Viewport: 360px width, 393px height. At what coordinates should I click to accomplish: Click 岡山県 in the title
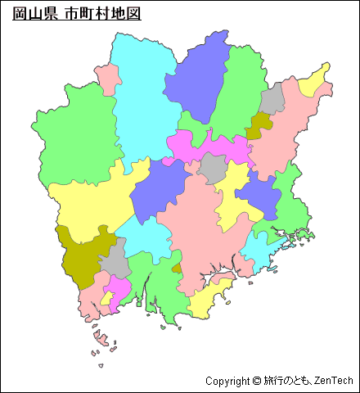tap(34, 15)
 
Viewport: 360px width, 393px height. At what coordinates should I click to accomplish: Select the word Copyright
tap(227, 381)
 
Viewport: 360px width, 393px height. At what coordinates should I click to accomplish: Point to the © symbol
tap(257, 381)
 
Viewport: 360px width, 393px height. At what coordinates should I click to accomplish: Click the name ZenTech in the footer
tap(334, 381)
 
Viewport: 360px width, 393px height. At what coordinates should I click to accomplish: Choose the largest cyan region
tap(143, 90)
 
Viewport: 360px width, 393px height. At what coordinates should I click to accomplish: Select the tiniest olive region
tap(177, 268)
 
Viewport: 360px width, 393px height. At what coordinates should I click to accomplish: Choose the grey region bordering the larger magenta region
tap(214, 168)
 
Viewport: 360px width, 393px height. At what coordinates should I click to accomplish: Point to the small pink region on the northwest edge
tap(108, 79)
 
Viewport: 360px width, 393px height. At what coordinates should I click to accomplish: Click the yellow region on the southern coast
tap(205, 301)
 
